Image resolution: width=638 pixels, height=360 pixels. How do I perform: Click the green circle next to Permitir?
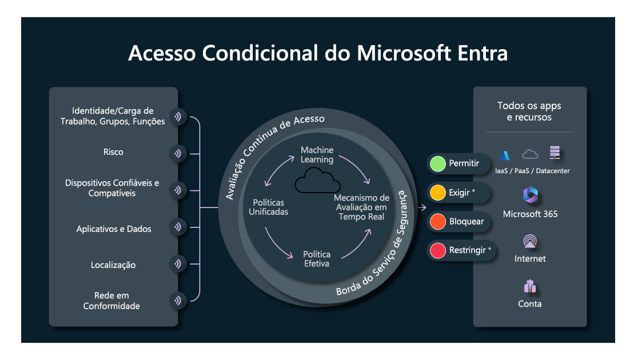pos(438,164)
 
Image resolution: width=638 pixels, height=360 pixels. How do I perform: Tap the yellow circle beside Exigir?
pos(438,193)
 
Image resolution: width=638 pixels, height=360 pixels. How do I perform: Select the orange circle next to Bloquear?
pos(438,222)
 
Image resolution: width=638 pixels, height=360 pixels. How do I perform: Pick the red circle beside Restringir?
pos(438,250)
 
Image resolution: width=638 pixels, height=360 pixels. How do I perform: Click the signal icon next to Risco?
pos(178,153)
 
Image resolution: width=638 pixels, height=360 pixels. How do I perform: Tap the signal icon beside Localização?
pos(178,264)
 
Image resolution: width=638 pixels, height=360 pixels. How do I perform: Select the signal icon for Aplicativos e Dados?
pos(178,227)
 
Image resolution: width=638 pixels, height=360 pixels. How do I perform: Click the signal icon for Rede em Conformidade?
pos(178,300)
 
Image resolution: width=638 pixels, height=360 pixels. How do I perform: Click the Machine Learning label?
pos(317,155)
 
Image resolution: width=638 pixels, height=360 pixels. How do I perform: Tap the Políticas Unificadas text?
pos(268,207)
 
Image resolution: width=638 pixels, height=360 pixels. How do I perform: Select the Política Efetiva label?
pos(316,259)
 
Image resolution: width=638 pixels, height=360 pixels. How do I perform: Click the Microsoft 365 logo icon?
pos(530,195)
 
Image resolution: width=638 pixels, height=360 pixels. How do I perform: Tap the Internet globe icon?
pos(530,242)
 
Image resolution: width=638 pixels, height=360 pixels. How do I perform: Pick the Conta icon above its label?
pos(530,286)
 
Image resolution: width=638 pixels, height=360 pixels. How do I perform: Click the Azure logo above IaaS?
pos(505,155)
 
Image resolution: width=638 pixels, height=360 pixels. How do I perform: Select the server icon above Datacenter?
pos(555,153)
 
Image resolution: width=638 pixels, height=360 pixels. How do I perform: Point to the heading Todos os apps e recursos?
pos(529,111)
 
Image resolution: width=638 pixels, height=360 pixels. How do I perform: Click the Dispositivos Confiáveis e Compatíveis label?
pos(112,189)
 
